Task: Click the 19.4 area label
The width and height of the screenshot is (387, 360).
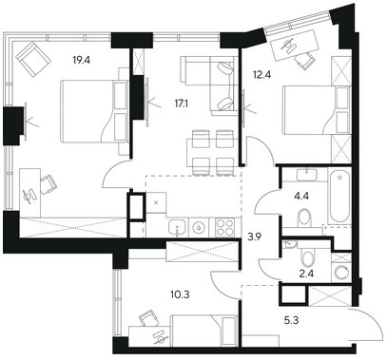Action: pyautogui.click(x=82, y=60)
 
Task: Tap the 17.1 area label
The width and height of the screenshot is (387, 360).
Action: pyautogui.click(x=181, y=104)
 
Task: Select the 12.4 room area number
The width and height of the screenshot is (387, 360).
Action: pyautogui.click(x=262, y=75)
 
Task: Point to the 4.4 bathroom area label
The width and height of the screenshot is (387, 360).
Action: pyautogui.click(x=300, y=196)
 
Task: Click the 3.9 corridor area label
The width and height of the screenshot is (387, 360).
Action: pyautogui.click(x=254, y=237)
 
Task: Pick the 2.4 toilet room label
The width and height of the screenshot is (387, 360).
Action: pyautogui.click(x=306, y=274)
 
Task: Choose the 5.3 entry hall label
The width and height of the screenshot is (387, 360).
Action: pyautogui.click(x=291, y=321)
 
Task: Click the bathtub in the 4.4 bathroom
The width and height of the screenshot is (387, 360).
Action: pyautogui.click(x=339, y=197)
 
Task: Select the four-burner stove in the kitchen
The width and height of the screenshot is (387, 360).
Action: pyautogui.click(x=225, y=227)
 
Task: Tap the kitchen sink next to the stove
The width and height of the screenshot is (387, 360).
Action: pyautogui.click(x=178, y=228)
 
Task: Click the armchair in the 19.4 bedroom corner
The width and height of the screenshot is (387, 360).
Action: pyautogui.click(x=33, y=59)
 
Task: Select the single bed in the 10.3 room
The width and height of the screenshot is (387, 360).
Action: pyautogui.click(x=203, y=331)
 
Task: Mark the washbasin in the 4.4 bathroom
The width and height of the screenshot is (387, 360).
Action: pyautogui.click(x=307, y=175)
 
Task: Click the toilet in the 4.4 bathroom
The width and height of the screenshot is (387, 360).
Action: pyautogui.click(x=305, y=218)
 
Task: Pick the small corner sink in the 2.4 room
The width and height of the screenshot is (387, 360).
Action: pyautogui.click(x=290, y=244)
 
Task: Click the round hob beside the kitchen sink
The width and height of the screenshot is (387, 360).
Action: pyautogui.click(x=199, y=228)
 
